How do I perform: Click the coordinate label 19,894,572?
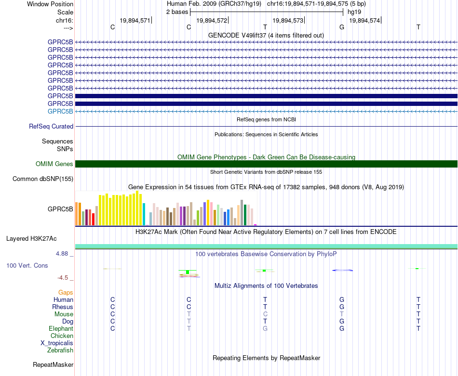point(212,20)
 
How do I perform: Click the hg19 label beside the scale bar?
point(354,12)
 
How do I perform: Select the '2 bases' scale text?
point(177,12)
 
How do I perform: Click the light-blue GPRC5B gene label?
point(60,111)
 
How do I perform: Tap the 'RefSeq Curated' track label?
point(51,126)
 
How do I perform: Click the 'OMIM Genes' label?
point(54,164)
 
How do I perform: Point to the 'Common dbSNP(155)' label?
point(43,179)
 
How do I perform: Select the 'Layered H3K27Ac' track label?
point(31,239)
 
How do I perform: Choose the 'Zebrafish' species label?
point(60,350)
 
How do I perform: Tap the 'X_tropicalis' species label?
point(57,343)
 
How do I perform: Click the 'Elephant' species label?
point(61,328)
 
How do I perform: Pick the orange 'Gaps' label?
point(66,292)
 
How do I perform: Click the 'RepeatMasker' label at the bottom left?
point(53,364)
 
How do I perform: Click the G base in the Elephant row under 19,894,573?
point(265,328)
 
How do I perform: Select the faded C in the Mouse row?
point(265,314)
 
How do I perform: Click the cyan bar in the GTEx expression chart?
point(144,214)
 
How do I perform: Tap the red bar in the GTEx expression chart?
point(93,220)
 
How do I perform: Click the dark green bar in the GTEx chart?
point(245,215)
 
